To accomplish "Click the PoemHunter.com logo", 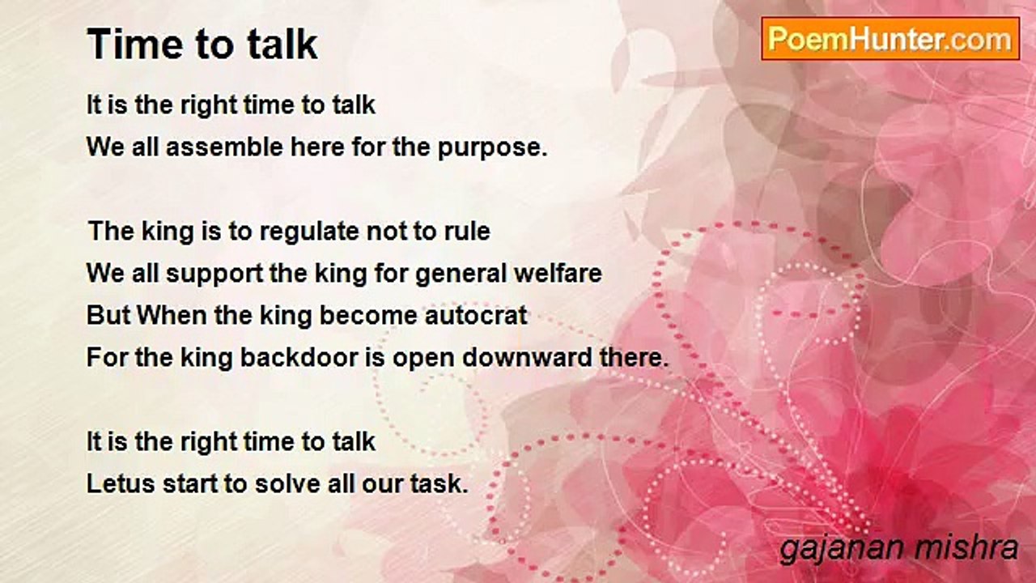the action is pos(890,39).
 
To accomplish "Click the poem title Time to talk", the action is pos(202,45).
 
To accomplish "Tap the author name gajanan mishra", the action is pos(899,549).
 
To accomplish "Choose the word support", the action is pos(214,274).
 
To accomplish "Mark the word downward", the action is pos(527,357).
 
